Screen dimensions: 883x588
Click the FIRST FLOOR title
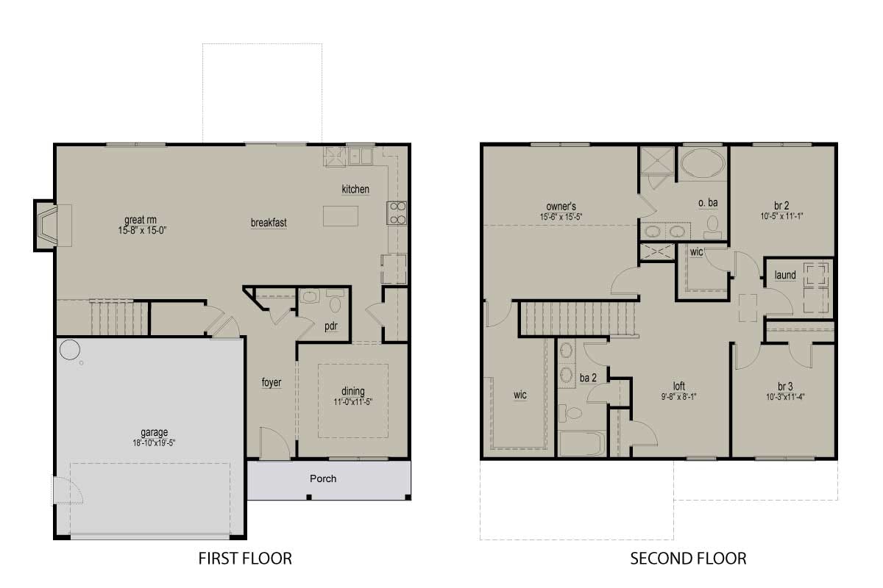[x=245, y=559]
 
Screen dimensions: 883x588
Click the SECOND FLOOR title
[x=688, y=559]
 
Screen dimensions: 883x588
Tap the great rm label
[x=141, y=220]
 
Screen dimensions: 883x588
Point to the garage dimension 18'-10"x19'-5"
[x=154, y=443]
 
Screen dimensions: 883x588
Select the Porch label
[x=323, y=478]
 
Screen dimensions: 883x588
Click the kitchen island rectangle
[x=341, y=216]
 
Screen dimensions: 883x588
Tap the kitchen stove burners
[x=397, y=212]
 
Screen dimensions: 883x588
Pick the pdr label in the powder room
[x=330, y=326]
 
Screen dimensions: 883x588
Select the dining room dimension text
[x=352, y=402]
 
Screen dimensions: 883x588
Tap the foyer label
[x=272, y=382]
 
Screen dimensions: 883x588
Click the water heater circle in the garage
[x=70, y=350]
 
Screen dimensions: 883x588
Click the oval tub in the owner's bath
[x=703, y=164]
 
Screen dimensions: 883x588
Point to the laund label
[x=785, y=275]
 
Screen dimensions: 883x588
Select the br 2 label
[x=781, y=206]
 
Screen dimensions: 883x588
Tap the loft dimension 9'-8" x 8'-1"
[x=678, y=397]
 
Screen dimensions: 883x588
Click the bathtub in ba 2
[x=582, y=444]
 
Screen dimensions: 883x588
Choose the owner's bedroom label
[x=561, y=207]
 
